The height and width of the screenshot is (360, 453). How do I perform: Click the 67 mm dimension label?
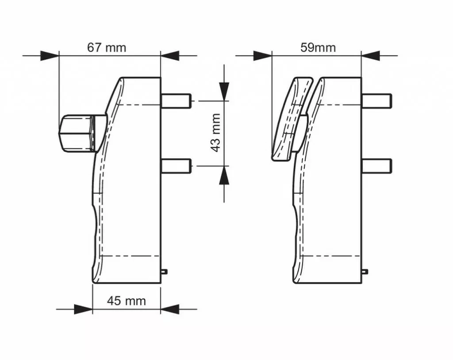coord(106,47)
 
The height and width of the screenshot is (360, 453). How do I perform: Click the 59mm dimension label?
coord(318,47)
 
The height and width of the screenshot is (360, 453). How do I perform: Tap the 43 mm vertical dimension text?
coord(216,133)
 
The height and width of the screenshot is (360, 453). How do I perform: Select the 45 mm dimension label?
coord(126,301)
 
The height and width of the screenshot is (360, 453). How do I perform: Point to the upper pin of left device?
coord(177,101)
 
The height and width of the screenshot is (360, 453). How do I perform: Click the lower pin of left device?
coord(177,166)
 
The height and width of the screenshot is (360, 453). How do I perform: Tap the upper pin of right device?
coord(377,101)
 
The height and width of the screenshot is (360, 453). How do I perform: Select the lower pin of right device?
coord(377,166)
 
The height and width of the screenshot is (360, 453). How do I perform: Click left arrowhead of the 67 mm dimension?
coord(50,56)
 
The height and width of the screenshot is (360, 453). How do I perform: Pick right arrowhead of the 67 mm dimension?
coord(170,56)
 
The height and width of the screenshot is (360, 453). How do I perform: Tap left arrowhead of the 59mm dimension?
coord(262,56)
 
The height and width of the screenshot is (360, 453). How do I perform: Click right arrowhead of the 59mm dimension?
coord(371,56)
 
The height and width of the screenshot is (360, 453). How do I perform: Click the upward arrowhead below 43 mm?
coord(225,175)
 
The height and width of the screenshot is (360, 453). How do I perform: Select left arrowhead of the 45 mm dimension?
coord(83,309)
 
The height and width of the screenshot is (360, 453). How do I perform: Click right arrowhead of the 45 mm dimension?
coord(170,309)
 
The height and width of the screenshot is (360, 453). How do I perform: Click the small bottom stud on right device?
coord(365,271)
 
